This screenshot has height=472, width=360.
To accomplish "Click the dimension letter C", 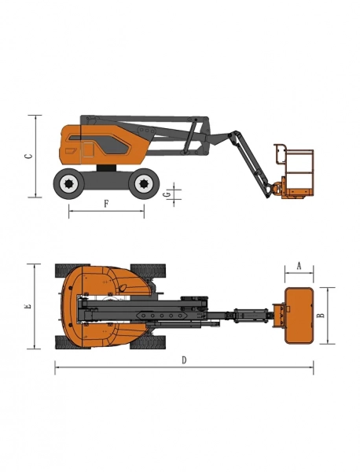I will [29, 156].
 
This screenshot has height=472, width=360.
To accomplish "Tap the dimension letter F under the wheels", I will [106, 204].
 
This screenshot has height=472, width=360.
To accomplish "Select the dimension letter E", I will [29, 305].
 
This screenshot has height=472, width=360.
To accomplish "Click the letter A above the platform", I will [299, 266].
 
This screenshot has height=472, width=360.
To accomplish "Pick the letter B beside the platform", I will [321, 315].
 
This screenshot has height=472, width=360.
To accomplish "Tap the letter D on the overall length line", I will [184, 360].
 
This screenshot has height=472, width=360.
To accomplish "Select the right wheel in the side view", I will [143, 185].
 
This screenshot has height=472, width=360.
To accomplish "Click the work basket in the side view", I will [295, 169].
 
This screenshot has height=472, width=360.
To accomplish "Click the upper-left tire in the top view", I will [70, 270].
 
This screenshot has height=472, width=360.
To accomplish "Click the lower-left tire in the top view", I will [70, 342].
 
